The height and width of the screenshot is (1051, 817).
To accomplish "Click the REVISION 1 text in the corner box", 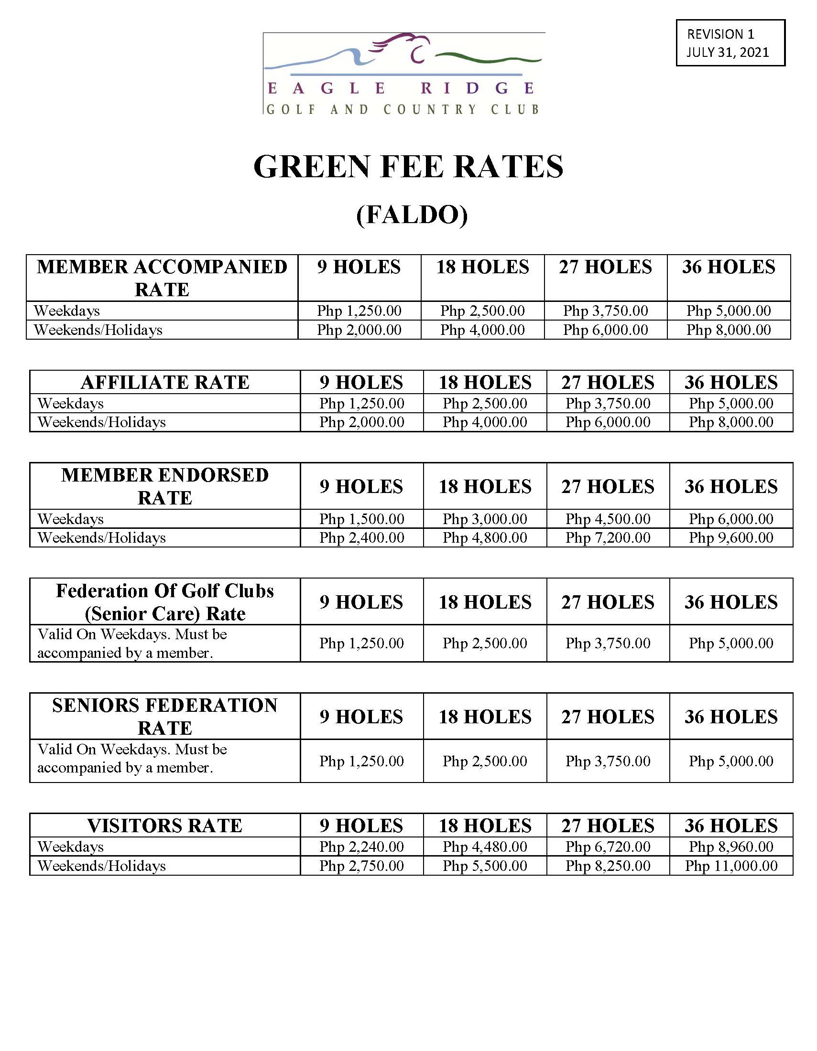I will [x=720, y=34].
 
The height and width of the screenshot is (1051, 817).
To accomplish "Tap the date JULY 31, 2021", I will [x=728, y=52].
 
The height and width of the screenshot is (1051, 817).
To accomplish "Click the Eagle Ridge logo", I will [x=403, y=73].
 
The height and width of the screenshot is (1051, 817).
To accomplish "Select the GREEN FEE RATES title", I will [x=408, y=167].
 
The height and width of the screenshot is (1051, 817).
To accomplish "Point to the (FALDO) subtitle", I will [x=412, y=214].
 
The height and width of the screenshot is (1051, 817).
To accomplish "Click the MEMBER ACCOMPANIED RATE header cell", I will [x=162, y=278].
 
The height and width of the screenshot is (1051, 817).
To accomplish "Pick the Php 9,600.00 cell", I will [x=730, y=537].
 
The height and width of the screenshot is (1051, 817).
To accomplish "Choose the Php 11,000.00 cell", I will [x=731, y=866].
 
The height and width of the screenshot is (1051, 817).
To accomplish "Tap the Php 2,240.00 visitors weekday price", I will [x=361, y=847].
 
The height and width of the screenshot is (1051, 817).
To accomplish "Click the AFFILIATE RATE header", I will [x=164, y=383].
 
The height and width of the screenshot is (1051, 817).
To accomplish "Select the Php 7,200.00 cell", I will [x=608, y=537].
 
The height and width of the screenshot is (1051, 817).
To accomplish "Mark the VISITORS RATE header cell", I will [x=164, y=826].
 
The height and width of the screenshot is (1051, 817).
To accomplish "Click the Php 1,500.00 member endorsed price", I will [x=361, y=519].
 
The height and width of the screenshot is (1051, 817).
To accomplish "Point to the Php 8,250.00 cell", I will [x=608, y=866].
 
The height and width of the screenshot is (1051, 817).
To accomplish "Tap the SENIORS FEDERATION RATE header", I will [x=164, y=717].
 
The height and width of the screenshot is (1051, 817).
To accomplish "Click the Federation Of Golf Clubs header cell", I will [x=164, y=602].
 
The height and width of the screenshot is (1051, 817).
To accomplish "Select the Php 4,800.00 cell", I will [x=485, y=537].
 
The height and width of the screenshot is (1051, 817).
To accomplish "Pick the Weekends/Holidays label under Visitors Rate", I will [x=101, y=866].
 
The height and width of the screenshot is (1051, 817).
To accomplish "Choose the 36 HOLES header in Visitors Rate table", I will [x=731, y=826].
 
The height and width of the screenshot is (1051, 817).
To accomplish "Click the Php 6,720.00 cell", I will [x=608, y=847].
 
